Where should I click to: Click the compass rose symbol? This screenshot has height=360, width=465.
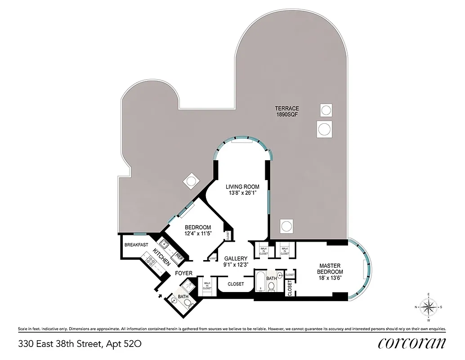[x=429, y=307]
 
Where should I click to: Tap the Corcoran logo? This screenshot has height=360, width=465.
[x=412, y=343]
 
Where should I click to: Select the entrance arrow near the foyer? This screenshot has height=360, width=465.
[x=159, y=296]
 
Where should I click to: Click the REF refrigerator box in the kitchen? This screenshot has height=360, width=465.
[x=179, y=257]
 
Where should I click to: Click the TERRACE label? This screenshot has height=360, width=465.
[x=287, y=108]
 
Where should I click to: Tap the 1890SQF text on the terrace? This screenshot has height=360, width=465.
[x=287, y=115]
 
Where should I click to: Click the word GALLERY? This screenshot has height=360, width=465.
[x=236, y=258]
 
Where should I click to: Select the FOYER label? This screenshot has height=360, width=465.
[x=184, y=273]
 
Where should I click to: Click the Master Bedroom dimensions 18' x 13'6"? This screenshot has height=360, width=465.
[x=331, y=279]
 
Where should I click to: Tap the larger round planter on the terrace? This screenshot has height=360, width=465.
[x=324, y=130]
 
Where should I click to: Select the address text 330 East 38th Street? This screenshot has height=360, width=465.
[x=60, y=344]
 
